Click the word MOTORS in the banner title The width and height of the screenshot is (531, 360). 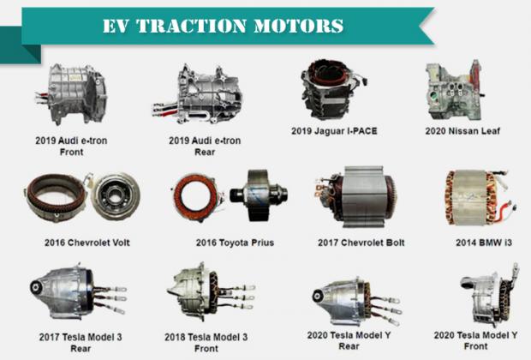(x=298, y=26)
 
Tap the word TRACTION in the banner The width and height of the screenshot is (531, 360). (x=192, y=26)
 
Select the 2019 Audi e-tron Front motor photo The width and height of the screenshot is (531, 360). (x=71, y=94)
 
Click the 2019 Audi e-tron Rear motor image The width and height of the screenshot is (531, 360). (x=197, y=94)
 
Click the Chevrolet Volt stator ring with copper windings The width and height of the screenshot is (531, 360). (x=55, y=197)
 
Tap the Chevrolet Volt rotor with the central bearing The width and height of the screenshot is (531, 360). (x=115, y=196)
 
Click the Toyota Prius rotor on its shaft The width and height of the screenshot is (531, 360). (x=259, y=195)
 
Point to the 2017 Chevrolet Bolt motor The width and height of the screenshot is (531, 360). (x=355, y=197)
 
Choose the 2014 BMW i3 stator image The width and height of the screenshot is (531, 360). (x=480, y=198)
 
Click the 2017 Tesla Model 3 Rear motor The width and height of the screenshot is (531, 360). (x=77, y=292)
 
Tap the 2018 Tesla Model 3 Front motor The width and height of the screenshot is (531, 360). (x=210, y=292)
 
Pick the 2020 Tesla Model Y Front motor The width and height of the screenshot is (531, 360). (x=489, y=295)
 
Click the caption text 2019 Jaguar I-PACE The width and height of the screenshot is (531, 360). (x=334, y=131)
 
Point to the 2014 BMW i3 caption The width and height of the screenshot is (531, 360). (x=484, y=243)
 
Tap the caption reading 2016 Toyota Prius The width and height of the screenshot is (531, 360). (x=235, y=243)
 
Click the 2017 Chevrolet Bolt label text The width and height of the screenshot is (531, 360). (x=361, y=243)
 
